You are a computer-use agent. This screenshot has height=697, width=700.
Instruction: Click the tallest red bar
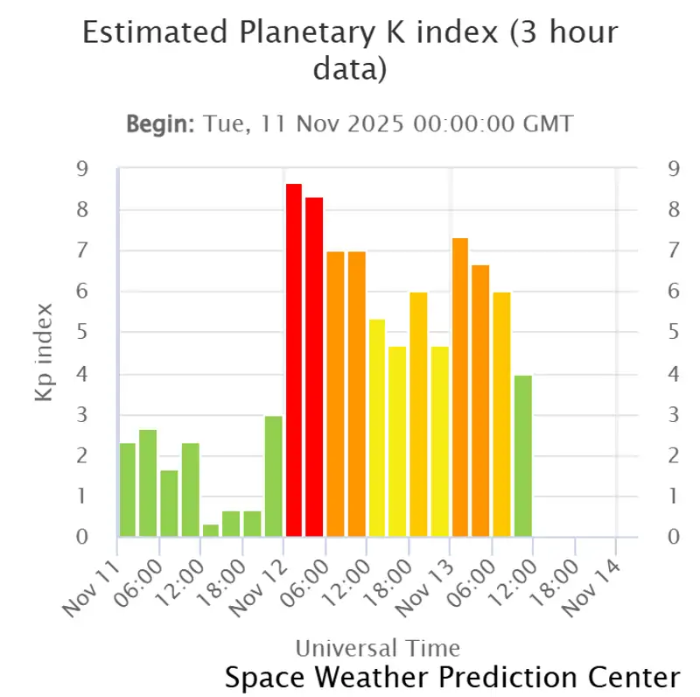(294, 360)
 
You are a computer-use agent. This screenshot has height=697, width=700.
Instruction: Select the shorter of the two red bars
(315, 367)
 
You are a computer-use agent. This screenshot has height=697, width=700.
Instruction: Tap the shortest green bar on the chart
(211, 531)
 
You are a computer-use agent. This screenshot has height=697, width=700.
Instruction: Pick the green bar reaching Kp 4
(522, 455)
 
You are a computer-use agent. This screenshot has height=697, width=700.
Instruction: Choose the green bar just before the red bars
(274, 476)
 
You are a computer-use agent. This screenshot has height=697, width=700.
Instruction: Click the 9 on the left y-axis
(82, 169)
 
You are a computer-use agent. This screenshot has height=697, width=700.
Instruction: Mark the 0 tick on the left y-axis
(82, 537)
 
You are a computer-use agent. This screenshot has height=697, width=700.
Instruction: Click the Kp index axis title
(45, 353)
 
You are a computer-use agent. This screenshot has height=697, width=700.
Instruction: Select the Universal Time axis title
(377, 648)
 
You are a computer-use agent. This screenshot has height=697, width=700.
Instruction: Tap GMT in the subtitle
(549, 123)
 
